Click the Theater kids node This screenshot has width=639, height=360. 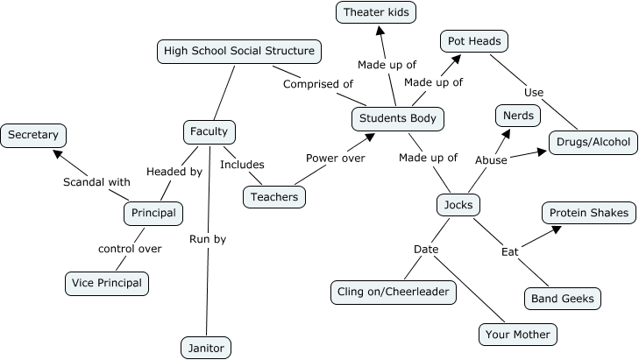376,12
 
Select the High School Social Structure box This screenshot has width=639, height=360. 239,51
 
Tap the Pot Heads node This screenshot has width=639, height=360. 473,41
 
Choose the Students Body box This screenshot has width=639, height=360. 397,118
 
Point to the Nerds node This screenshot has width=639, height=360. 519,115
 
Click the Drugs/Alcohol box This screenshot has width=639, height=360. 593,142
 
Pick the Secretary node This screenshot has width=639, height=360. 34,135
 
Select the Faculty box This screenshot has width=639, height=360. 209,132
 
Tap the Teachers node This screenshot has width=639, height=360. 274,197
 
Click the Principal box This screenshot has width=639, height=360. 153,213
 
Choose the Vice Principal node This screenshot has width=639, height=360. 107,284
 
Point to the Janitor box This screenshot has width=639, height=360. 206,348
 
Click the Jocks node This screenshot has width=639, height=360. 458,206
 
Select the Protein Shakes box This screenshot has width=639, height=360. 587,213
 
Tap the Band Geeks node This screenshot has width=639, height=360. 563,299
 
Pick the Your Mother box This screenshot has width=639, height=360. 518,334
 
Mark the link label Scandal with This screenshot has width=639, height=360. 96,182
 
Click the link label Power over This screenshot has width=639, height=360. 335,159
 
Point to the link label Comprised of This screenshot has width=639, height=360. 317,84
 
